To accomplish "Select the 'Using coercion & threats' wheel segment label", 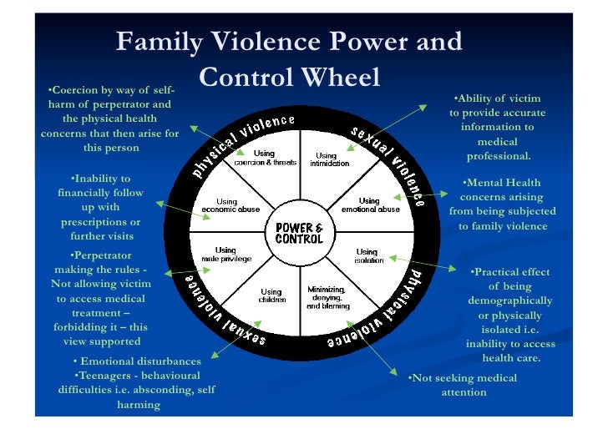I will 265,158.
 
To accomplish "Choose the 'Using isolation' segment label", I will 367,255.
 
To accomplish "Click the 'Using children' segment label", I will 264,296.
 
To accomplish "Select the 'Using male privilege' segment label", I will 225,255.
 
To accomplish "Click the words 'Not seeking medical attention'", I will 464,385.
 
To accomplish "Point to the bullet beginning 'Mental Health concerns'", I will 501,204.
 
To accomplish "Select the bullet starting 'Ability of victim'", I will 498,127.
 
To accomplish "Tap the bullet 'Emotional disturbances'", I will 138,361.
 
